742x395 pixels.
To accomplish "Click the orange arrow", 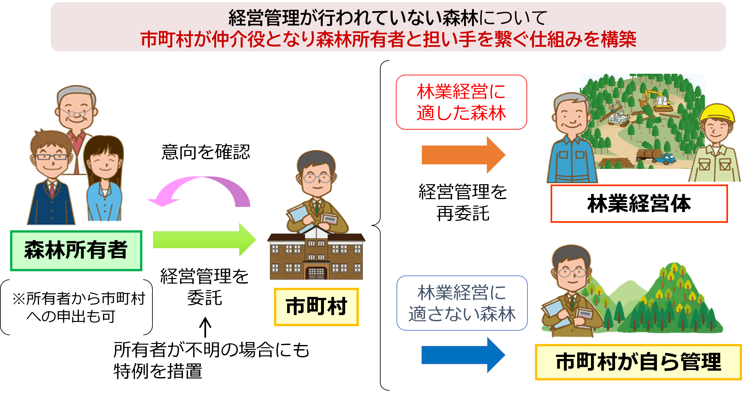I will pyautogui.click(x=462, y=155).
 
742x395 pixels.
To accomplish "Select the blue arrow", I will pyautogui.click(x=462, y=355).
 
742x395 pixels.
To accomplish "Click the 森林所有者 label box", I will pyautogui.click(x=76, y=250).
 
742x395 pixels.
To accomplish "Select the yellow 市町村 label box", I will pyautogui.click(x=316, y=307).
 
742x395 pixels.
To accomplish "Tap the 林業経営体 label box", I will pyautogui.click(x=639, y=204).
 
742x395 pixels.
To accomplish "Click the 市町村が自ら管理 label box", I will pyautogui.click(x=638, y=362).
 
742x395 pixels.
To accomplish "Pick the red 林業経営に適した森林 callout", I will pyautogui.click(x=461, y=102).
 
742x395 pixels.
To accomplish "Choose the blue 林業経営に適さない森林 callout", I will pyautogui.click(x=462, y=303).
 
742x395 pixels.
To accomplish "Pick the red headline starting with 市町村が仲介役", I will pyautogui.click(x=388, y=40).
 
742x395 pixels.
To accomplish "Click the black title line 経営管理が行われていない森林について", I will pyautogui.click(x=388, y=18).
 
